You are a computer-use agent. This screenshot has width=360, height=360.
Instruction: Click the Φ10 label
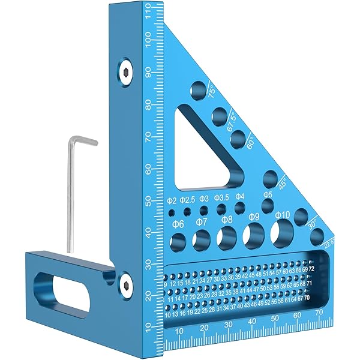pos(283,215)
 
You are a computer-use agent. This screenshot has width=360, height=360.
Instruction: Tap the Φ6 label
pos(178,223)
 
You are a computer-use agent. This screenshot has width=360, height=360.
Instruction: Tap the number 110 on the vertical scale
pos(148,13)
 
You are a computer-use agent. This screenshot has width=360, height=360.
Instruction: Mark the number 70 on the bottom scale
pos(319,313)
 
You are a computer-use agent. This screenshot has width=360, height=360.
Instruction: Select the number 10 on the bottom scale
pos(178,331)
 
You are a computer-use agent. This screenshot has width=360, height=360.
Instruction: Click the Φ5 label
pos(268,195)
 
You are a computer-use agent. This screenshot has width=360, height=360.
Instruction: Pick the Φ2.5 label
pos(187,200)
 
